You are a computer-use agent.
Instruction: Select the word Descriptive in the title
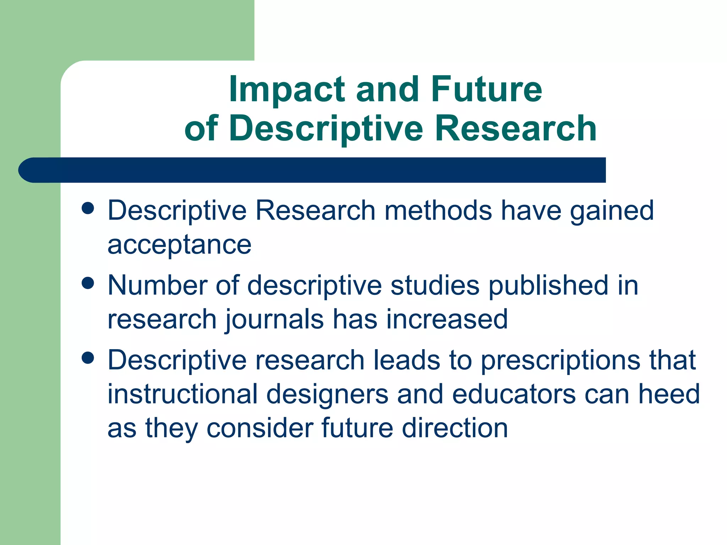326,128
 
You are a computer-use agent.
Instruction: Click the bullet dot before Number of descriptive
87,283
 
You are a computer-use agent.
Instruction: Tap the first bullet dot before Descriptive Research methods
87,208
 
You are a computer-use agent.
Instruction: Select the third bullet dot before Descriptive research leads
87,358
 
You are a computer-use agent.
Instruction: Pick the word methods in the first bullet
438,210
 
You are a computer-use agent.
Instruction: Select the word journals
274,319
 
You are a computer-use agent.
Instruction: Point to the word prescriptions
560,360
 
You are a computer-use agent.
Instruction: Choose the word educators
514,394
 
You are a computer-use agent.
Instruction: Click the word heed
669,394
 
